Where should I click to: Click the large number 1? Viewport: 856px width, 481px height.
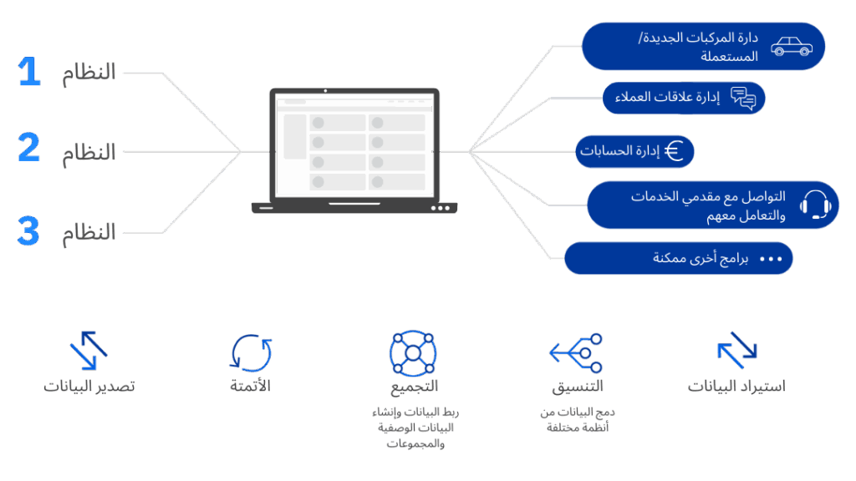click(29, 73)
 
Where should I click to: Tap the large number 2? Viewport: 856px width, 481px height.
click(29, 148)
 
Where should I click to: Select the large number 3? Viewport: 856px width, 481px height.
click(29, 231)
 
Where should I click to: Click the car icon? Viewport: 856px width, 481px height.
click(791, 46)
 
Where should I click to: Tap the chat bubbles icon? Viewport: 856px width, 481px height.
click(743, 99)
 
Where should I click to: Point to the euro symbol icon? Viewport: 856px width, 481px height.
click(674, 151)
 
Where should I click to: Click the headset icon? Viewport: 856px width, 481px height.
click(814, 205)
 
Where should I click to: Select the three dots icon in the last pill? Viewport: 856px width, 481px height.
click(770, 259)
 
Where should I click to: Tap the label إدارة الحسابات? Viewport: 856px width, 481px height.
click(619, 151)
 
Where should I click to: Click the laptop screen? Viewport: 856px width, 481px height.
click(354, 145)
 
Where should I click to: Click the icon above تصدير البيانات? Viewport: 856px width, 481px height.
click(89, 351)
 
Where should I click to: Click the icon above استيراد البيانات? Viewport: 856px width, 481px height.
click(736, 351)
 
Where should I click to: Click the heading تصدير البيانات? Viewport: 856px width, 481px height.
click(89, 387)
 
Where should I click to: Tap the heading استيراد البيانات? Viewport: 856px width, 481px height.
click(736, 387)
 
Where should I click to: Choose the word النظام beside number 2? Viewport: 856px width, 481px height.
click(89, 152)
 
